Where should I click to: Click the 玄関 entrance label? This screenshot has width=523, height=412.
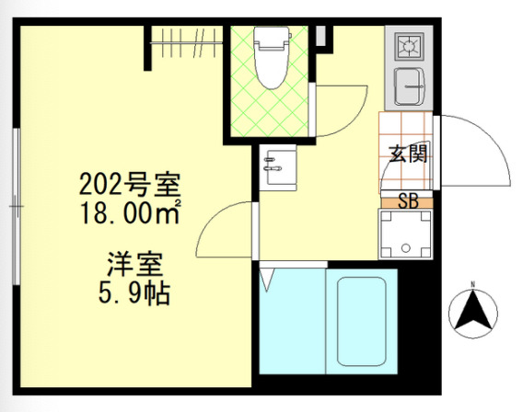tap(407, 154)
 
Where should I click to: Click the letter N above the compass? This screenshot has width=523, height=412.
tap(473, 283)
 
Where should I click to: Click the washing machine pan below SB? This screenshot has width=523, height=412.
tap(405, 235)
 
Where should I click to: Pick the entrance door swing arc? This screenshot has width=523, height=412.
tap(479, 152)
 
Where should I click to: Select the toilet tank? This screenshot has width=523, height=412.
tap(272, 38)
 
